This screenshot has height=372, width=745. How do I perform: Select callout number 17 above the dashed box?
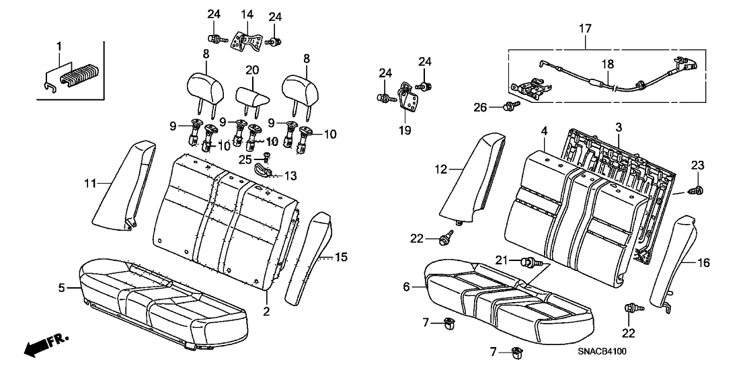point(585,28)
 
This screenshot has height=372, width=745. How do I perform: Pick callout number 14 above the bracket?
point(247,14)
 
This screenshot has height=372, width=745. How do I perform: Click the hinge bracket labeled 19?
point(407,98)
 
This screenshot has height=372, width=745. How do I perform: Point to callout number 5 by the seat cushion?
point(61,288)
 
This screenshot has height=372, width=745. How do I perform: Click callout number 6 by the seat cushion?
point(405,287)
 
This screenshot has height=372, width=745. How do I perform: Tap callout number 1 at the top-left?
point(59,46)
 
